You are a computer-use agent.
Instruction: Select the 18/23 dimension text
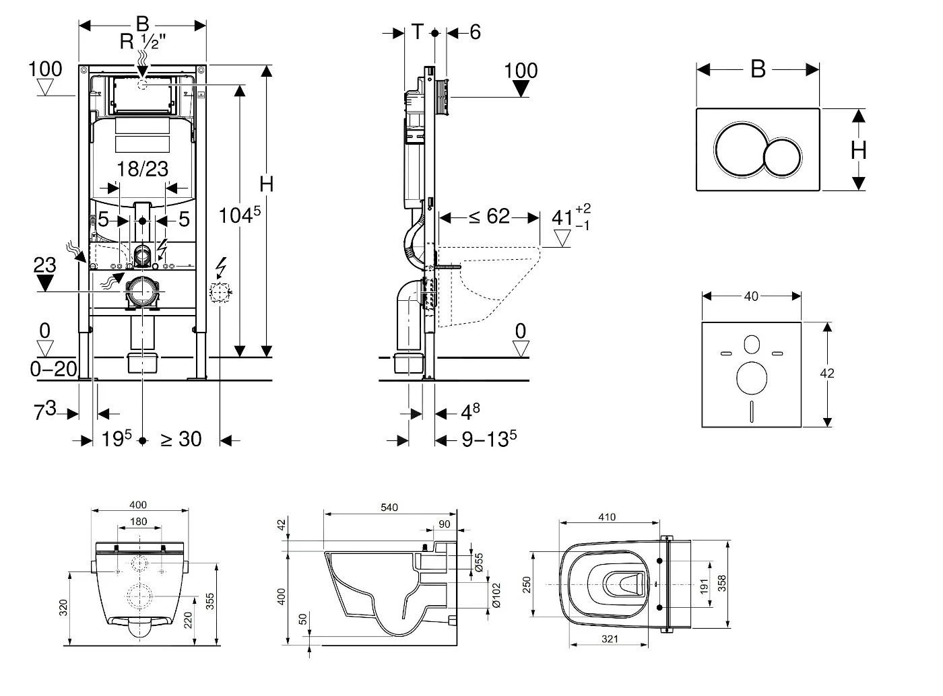(141, 169)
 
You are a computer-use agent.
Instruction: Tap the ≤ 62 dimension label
(489, 217)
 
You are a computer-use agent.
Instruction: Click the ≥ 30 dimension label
(181, 440)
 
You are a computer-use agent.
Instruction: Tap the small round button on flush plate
(783, 157)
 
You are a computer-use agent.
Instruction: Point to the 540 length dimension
(389, 507)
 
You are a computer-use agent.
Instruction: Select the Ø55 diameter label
(478, 563)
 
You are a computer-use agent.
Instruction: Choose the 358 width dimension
(722, 582)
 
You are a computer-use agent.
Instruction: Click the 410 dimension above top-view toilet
(607, 517)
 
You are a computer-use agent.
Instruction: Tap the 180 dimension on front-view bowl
(138, 522)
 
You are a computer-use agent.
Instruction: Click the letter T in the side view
(418, 31)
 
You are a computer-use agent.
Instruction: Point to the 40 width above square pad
(750, 296)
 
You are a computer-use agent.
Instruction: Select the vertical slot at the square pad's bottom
(751, 411)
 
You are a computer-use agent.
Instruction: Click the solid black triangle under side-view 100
(521, 89)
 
